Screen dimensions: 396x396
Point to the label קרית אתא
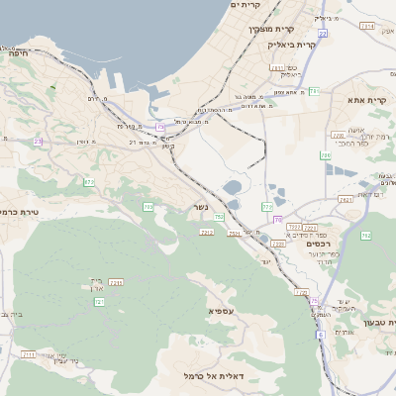pos(366,100)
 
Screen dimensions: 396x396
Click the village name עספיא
pos(221,311)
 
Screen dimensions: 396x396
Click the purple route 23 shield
pos(38,142)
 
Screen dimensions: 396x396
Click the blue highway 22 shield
pos(323,33)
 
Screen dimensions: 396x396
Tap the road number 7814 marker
pos(367,26)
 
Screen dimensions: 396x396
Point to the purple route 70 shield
pos(278,219)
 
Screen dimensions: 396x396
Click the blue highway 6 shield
pos(321,335)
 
